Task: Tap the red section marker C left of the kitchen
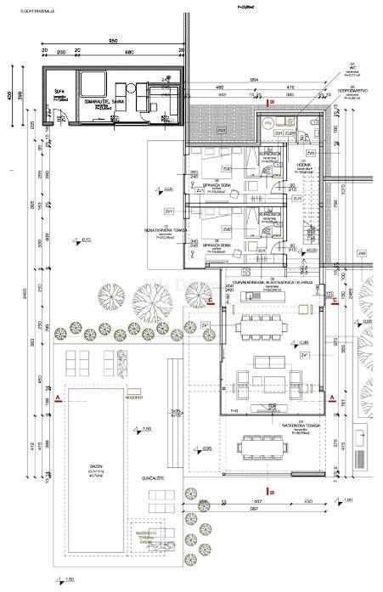pyautogui.click(x=210, y=300)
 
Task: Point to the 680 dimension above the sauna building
pyautogui.click(x=128, y=52)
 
